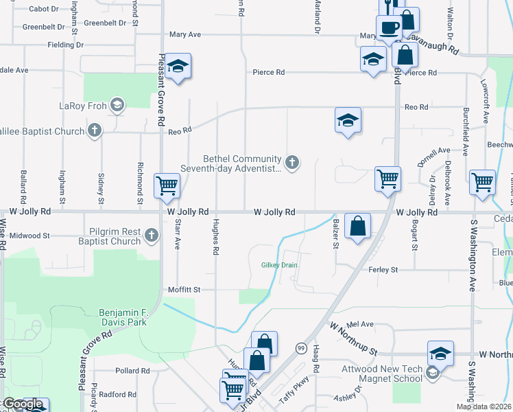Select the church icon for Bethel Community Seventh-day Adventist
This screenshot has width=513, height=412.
293,163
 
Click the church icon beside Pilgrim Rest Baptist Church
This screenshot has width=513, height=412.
152,236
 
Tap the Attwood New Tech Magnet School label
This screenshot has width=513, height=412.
382,374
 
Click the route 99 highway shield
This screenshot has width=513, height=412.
300,348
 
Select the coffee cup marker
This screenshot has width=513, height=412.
388,28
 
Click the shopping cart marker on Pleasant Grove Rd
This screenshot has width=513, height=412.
167,185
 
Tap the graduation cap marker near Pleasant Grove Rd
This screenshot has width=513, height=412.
178,66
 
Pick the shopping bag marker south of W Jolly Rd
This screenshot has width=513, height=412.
358,225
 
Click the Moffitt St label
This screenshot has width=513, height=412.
184,290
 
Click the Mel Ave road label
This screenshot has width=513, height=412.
360,324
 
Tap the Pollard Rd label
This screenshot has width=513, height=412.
132,371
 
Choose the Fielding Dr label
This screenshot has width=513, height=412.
66,45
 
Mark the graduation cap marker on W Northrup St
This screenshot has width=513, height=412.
440,353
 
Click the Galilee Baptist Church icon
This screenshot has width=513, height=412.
94,130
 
